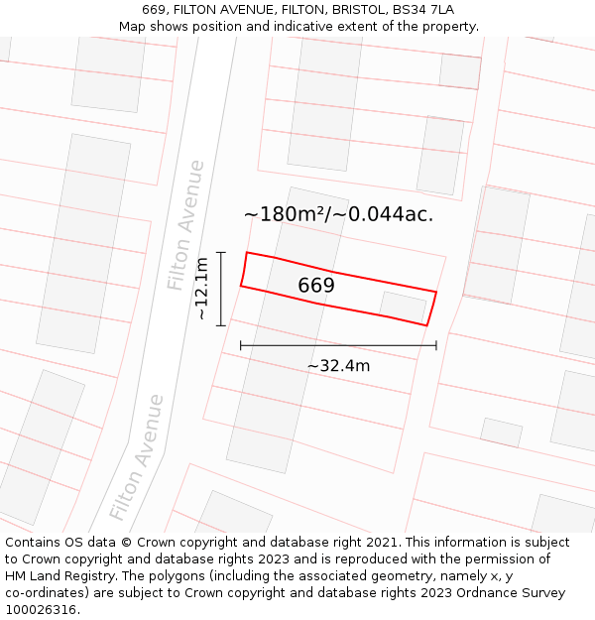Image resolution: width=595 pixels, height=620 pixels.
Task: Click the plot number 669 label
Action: (316, 286)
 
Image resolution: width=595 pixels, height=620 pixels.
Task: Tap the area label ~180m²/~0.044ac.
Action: (338, 213)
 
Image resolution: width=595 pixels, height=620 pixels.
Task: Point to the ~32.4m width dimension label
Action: (338, 366)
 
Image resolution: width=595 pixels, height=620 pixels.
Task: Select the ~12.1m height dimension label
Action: (201, 289)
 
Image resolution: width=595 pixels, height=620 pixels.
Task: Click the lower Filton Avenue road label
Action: (137, 457)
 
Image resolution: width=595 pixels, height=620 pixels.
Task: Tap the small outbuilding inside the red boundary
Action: (404, 307)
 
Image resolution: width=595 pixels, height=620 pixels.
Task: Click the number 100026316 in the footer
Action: (41, 610)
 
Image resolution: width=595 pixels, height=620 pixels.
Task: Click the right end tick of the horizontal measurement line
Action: (436, 345)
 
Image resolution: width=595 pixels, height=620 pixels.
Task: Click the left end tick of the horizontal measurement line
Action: (241, 345)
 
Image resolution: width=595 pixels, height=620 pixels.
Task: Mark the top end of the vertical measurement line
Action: (221, 252)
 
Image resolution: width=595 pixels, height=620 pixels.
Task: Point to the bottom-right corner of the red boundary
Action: (426, 325)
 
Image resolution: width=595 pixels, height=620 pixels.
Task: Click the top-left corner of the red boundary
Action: (247, 252)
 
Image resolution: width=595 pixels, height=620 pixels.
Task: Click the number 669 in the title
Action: (154, 10)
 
